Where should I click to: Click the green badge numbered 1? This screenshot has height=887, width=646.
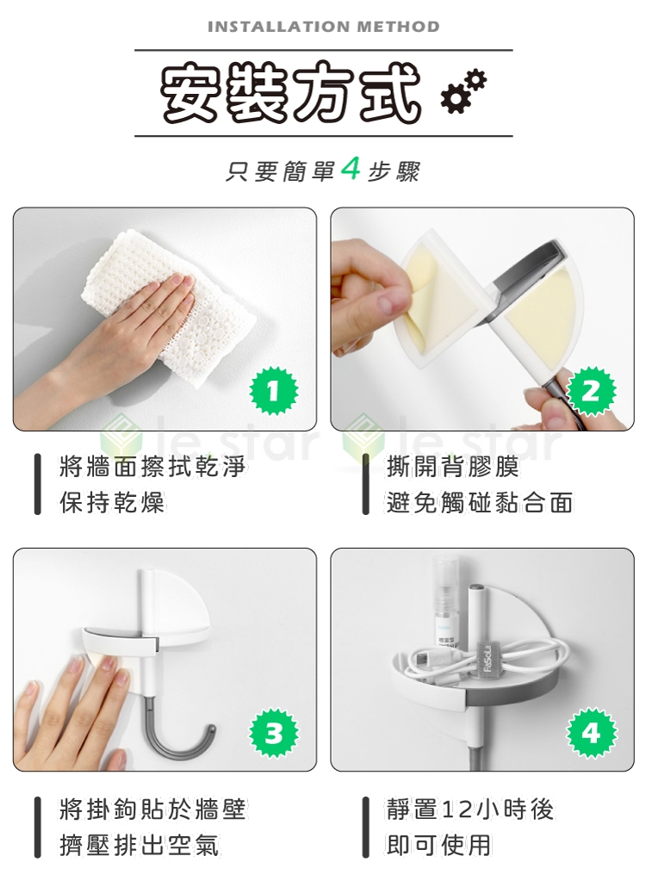pos(274,390)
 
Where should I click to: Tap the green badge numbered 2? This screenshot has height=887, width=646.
pos(591,391)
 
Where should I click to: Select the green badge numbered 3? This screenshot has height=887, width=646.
pos(274,733)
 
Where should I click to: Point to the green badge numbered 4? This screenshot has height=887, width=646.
pos(592,733)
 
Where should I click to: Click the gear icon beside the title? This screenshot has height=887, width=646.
pos(464,91)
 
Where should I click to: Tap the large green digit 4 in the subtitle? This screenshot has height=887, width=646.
pos(351,169)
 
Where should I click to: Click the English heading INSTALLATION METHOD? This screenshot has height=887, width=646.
pos(324,27)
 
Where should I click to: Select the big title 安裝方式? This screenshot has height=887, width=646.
pos(291,92)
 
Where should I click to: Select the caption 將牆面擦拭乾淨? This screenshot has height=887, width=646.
pos(152,468)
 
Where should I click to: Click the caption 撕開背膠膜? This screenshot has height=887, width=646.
pos(452,468)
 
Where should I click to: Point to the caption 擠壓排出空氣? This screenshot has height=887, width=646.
pos(140,845)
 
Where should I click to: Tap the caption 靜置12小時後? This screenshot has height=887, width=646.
pos(470,809)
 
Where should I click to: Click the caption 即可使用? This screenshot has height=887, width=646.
pos(439,845)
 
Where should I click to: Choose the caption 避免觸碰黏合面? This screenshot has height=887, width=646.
pos(480,502)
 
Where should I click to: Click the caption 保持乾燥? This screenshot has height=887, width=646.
pos(112,502)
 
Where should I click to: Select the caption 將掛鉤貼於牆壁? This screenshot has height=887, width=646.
pos(152,809)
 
